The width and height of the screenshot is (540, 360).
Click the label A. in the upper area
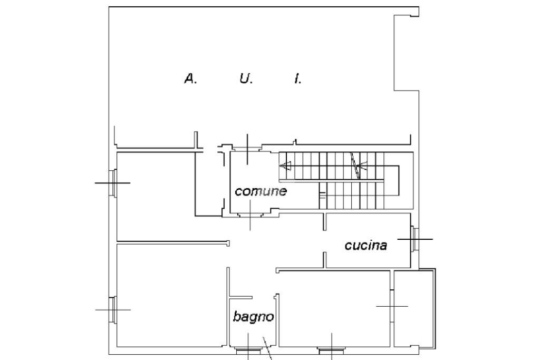coord(190,79)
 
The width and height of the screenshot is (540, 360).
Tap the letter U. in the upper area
coord(246,79)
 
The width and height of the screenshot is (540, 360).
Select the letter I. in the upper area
coord(298,79)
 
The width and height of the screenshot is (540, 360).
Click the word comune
coord(261,191)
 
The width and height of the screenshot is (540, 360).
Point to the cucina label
coord(366,245)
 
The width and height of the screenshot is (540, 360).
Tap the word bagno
coord(254,317)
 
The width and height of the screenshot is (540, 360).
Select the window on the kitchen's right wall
coord(414,239)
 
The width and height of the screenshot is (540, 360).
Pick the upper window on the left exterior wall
coord(112,183)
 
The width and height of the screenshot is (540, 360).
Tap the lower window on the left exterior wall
coord(112,309)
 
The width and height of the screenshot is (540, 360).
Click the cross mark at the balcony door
coord(392,306)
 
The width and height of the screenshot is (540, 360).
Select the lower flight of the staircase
coord(359,195)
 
